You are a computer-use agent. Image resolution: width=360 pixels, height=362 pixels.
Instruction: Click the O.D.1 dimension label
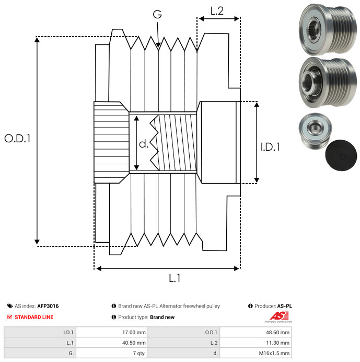pyautogui.click(x=17, y=139)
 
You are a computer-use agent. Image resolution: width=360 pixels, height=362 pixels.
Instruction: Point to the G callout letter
pyautogui.click(x=157, y=15)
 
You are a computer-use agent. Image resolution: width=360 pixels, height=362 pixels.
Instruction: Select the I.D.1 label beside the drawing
pyautogui.click(x=270, y=147)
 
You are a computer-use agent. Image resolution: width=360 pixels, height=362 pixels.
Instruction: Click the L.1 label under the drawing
pyautogui.click(x=175, y=279)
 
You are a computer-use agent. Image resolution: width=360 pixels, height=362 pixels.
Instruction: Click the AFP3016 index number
pyautogui.click(x=48, y=306)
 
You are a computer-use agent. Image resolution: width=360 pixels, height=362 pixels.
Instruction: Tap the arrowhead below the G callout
pyautogui.click(x=158, y=46)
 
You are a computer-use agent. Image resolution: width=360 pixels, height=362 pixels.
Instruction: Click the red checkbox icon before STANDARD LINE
pyautogui.click(x=9, y=317)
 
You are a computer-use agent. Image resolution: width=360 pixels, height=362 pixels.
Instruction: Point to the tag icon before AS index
pyautogui.click(x=9, y=306)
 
